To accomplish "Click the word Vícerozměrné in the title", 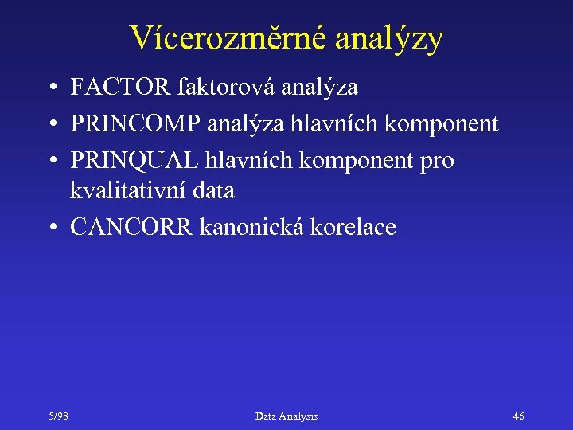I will (228, 38).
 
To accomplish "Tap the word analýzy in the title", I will (389, 38).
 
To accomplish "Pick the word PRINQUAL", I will (135, 160).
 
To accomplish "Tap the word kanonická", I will (259, 227).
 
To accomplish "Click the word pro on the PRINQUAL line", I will (437, 160).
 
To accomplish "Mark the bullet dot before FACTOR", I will (51, 88).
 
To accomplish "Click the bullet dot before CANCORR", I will (51, 228).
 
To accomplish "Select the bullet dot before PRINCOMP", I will (51, 124).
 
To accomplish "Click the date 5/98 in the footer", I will (57, 416).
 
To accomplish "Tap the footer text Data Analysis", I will (286, 416).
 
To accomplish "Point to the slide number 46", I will (518, 416).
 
